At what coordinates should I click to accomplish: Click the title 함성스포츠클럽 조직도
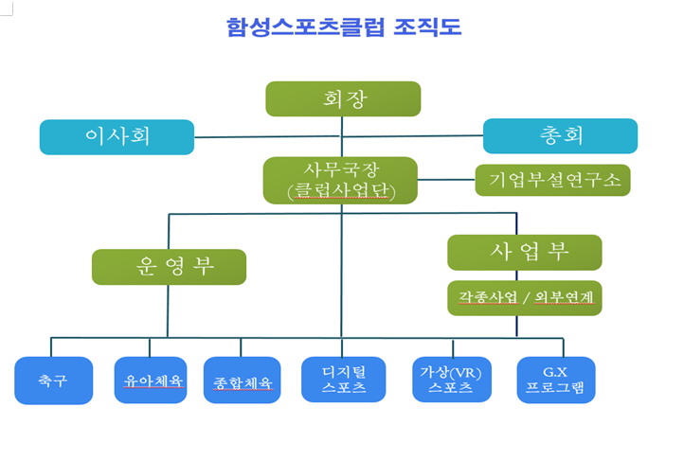(344, 27)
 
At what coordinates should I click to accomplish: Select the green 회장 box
(343, 99)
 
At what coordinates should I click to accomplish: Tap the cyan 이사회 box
(117, 137)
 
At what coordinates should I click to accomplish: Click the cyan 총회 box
(560, 135)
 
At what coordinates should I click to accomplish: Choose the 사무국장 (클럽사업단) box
(340, 181)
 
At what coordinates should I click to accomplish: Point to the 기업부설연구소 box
(552, 180)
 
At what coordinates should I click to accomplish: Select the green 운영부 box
(169, 267)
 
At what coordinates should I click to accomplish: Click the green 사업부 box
(525, 253)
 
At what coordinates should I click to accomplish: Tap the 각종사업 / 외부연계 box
(525, 298)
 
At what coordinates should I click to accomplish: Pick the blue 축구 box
(54, 380)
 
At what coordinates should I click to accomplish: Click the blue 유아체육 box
(151, 380)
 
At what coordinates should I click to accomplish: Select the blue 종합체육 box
(243, 380)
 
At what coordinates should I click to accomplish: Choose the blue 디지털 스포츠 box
(343, 380)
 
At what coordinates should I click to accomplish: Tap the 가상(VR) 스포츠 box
(452, 380)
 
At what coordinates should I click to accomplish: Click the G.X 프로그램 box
(556, 380)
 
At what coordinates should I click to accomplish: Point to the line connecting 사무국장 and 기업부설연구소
(446, 180)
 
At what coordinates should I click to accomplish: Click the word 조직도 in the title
(427, 27)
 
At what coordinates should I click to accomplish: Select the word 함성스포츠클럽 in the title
(305, 27)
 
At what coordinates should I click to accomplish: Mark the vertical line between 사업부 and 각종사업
(517, 275)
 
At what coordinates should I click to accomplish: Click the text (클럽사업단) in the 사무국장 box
(341, 191)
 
